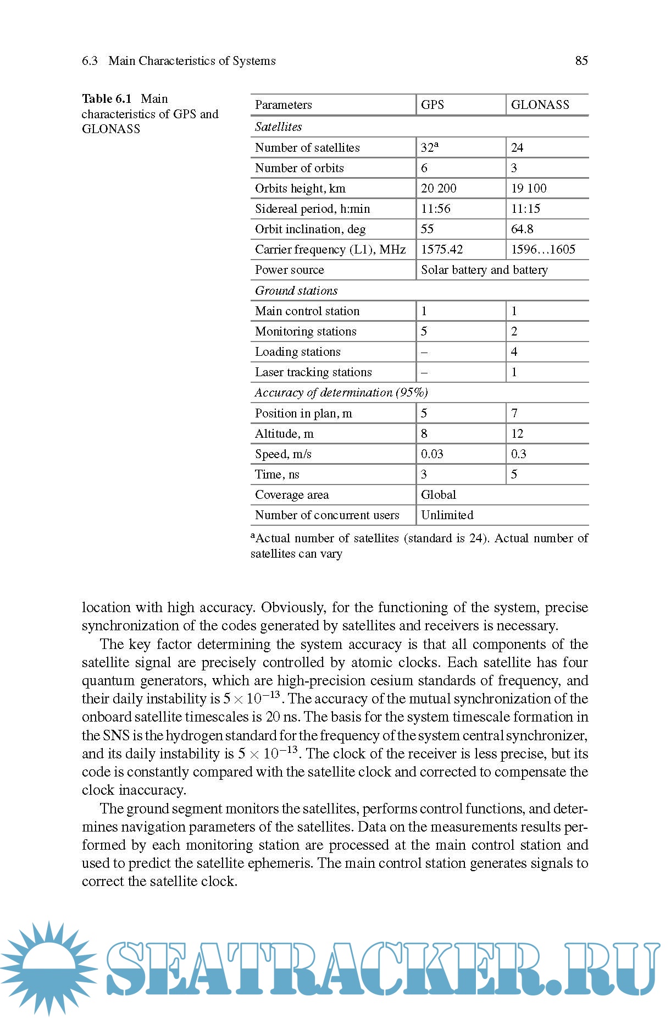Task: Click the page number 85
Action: (x=581, y=60)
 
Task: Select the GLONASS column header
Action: (x=540, y=104)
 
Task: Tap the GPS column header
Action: (x=432, y=104)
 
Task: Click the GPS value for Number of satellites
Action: (x=429, y=147)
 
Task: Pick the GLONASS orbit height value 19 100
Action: (x=528, y=188)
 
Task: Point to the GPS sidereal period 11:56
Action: (x=435, y=208)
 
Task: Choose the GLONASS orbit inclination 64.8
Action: (x=522, y=229)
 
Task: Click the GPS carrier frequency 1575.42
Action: (x=441, y=249)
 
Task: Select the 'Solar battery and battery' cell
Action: (x=484, y=269)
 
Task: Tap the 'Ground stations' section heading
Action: (x=296, y=290)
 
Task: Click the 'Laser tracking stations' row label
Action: (x=313, y=372)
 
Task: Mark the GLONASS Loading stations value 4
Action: (x=514, y=351)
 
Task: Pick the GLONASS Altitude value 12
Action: (x=517, y=433)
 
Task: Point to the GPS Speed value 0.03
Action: (x=431, y=454)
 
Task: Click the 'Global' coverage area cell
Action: (x=438, y=494)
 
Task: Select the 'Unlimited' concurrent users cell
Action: (x=447, y=515)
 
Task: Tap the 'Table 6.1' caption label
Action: (x=107, y=99)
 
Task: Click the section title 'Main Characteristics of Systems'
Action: (x=192, y=60)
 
